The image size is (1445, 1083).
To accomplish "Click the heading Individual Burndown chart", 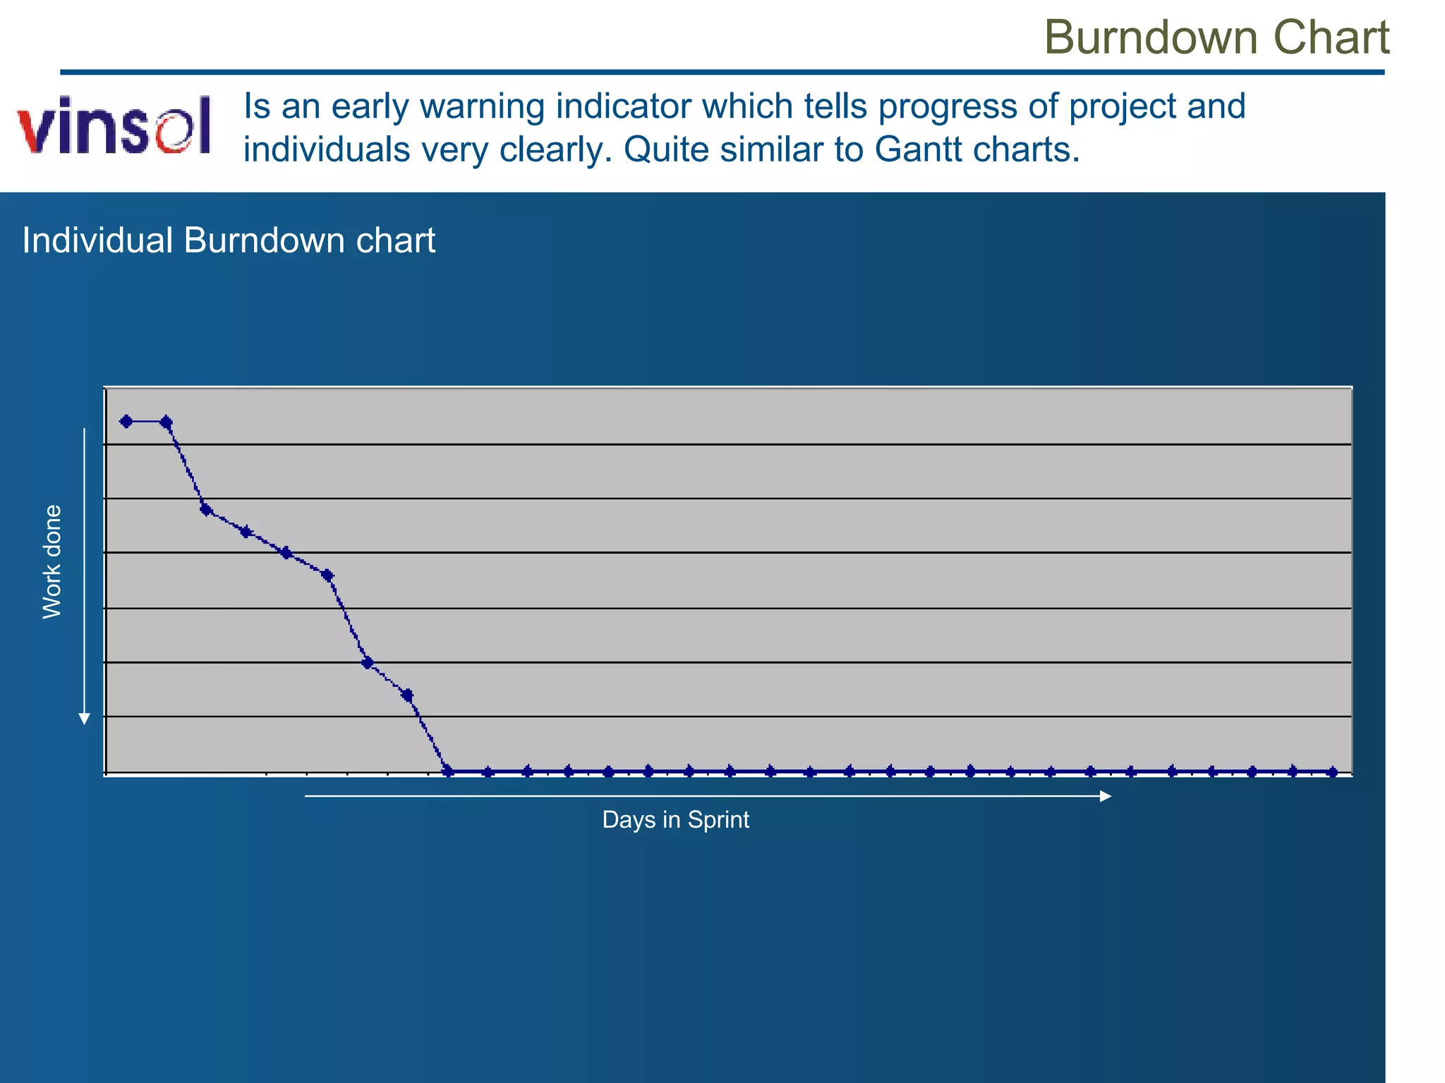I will tap(229, 240).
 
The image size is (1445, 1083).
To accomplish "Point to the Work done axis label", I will tap(52, 562).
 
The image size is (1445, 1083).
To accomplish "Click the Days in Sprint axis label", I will tap(675, 819).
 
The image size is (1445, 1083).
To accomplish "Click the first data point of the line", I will tap(126, 422).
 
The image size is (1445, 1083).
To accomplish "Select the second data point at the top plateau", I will tap(167, 422).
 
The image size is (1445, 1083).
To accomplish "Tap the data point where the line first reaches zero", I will tap(447, 771).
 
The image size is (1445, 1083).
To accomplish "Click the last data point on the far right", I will tap(1332, 772).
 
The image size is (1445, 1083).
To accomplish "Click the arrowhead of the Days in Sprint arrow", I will tap(1106, 796).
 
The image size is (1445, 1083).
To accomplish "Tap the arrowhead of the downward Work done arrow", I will tap(84, 718).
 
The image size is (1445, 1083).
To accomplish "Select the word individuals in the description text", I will tap(327, 149).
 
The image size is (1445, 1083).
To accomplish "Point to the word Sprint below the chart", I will tap(718, 819).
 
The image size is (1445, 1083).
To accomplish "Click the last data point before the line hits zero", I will tap(407, 695).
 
